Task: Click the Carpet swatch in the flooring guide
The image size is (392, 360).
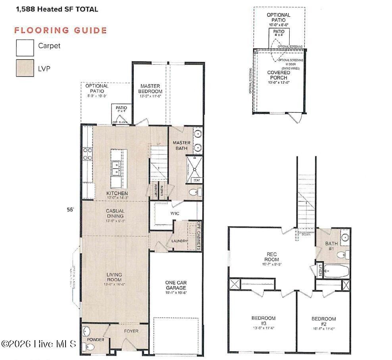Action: (x=24, y=48)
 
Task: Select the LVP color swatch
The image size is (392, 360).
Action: (x=24, y=68)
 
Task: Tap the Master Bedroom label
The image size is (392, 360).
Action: (x=151, y=89)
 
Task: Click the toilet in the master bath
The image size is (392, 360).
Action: (x=193, y=193)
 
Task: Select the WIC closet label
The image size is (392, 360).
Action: (x=175, y=214)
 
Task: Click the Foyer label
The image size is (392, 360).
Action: (x=131, y=331)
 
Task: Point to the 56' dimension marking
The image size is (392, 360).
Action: (x=71, y=211)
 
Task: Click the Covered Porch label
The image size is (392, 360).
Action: (x=279, y=75)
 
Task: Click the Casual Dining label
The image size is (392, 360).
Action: (x=115, y=214)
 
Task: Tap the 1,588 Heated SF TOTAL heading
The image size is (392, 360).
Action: (x=57, y=9)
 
